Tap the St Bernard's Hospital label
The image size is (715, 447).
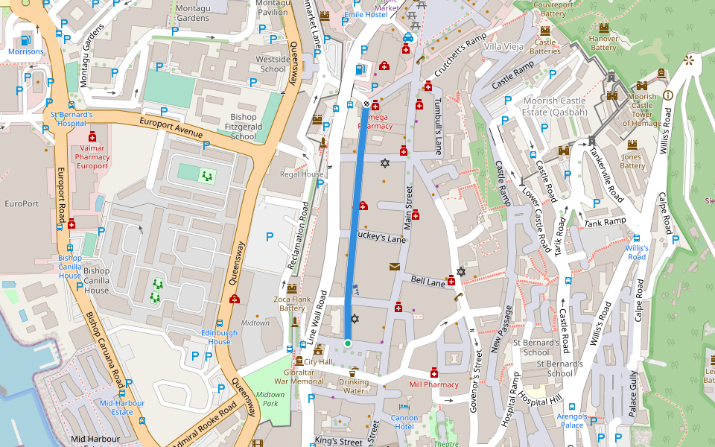pyautogui.click(x=71, y=119)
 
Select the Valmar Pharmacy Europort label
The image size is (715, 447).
pyautogui.click(x=92, y=157)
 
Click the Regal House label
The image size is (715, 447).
pyautogui.click(x=302, y=174)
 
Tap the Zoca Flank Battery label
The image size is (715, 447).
pyautogui.click(x=292, y=303)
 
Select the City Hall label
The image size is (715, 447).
pyautogui.click(x=318, y=362)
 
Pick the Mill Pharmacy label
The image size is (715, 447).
pyautogui.click(x=434, y=385)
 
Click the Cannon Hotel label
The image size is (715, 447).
pyautogui.click(x=404, y=422)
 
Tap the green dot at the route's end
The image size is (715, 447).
pyautogui.click(x=347, y=343)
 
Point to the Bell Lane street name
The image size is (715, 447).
pyautogui.click(x=428, y=282)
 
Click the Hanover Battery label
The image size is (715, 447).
pyautogui.click(x=603, y=43)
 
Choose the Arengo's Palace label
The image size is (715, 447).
pyautogui.click(x=572, y=420)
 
